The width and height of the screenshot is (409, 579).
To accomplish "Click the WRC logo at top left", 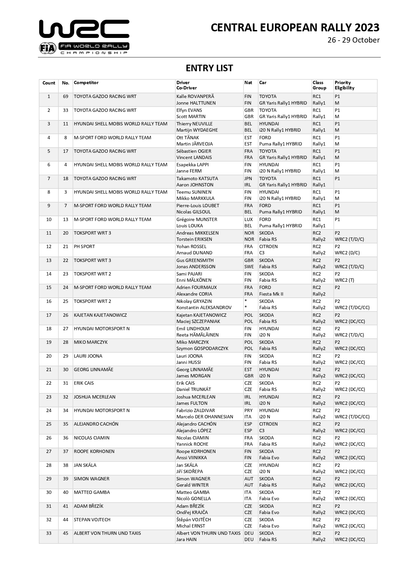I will point(84,36).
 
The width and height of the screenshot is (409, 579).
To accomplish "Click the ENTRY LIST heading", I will point(209,68).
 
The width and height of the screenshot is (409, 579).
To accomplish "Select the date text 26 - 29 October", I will point(353,40).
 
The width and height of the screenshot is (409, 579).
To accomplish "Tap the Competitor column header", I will point(86,83).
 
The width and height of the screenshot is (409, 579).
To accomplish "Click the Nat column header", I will point(248,83).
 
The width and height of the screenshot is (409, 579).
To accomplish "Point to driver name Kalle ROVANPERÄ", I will point(195,97).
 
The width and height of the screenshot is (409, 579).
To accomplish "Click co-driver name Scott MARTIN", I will point(191,116).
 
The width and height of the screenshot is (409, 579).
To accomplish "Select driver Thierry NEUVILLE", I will point(194,124).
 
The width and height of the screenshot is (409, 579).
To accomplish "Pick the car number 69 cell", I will point(65,97).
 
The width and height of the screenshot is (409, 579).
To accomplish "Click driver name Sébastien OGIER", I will point(194,151).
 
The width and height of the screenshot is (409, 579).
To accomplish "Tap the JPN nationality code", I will point(248,179).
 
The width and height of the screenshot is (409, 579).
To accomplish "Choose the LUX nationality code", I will point(248,220).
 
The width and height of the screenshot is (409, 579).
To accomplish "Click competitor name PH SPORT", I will point(84,247).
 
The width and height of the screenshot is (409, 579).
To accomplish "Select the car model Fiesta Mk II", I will point(271,294).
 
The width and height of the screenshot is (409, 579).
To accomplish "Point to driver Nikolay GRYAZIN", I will point(194,302).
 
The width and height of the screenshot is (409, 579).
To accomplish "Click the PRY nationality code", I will point(248,411).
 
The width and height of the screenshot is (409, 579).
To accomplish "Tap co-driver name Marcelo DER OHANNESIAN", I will point(204,417).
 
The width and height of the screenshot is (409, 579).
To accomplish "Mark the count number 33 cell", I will point(49,533).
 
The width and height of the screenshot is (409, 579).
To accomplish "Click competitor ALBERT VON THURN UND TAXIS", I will point(107,533).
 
